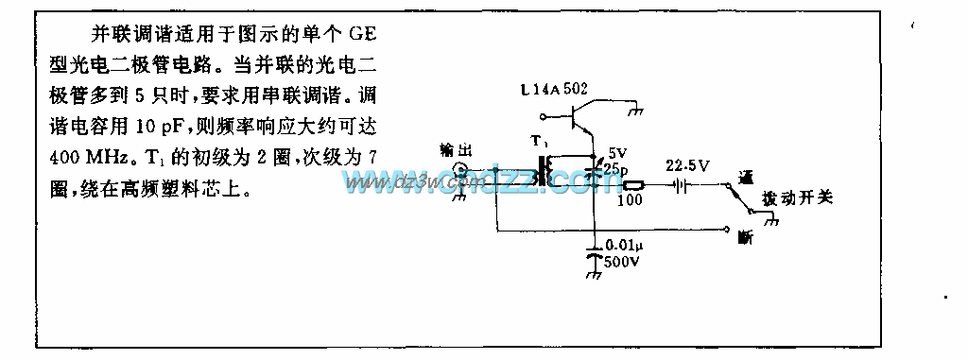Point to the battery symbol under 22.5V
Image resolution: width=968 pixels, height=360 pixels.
point(681,185)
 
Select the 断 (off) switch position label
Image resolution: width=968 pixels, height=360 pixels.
point(745,237)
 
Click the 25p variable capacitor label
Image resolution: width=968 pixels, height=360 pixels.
point(618,166)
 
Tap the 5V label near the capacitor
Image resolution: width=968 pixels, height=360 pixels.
point(616,151)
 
